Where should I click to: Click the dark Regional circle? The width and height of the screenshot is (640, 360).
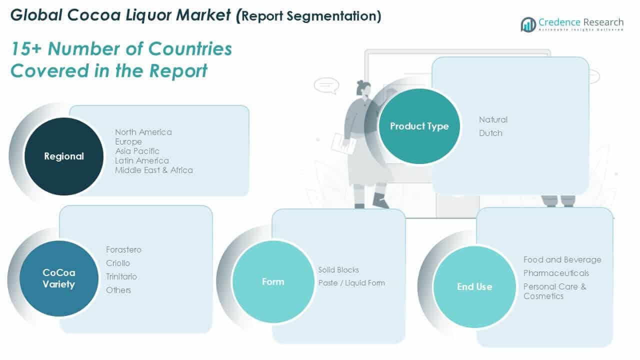[x=64, y=156]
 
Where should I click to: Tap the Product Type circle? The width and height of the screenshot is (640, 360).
[x=419, y=126]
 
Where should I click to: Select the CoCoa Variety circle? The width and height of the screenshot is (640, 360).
[x=58, y=278]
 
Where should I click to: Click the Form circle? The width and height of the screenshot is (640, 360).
[x=273, y=281]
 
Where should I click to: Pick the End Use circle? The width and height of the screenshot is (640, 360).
[x=474, y=286]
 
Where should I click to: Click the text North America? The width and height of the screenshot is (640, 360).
[x=143, y=132]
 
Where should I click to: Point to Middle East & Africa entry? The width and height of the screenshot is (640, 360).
[x=153, y=170]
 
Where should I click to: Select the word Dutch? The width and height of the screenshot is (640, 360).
[x=490, y=133]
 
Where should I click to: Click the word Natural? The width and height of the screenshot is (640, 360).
[x=493, y=119]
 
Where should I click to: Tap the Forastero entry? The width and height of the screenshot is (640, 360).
[x=123, y=249]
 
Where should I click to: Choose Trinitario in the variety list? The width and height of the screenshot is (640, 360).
[x=121, y=276]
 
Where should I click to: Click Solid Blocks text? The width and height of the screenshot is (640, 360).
[x=338, y=269]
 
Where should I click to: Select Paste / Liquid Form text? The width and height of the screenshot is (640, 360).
[x=351, y=283]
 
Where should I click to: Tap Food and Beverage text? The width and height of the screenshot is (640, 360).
[x=562, y=259]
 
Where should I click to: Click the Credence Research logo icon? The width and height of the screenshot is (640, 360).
[x=528, y=24]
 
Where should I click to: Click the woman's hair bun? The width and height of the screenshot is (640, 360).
[x=360, y=82]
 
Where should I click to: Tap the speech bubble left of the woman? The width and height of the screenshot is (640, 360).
[x=326, y=85]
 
